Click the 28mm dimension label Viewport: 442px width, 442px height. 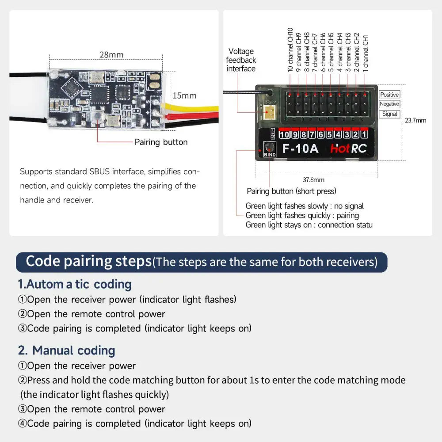click(111, 55)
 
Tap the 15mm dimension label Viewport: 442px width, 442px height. click(184, 95)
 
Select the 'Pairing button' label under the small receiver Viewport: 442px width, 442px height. click(161, 142)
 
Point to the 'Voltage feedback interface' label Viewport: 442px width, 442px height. click(241, 60)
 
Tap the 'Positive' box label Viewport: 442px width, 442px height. click(389, 95)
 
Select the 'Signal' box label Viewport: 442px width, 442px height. click(389, 114)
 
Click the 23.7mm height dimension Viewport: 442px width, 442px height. click(415, 120)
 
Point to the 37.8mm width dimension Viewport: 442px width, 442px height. click(313, 180)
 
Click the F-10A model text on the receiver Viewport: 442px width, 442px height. click(300, 149)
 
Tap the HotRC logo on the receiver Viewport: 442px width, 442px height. click(348, 149)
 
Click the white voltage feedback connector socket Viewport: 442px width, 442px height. click(268, 113)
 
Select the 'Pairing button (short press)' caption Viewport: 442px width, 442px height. click(291, 191)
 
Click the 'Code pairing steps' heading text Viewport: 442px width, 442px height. click(88, 262)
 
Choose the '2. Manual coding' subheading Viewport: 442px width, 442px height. click(66, 351)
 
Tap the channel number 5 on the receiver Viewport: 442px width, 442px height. click(329, 134)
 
